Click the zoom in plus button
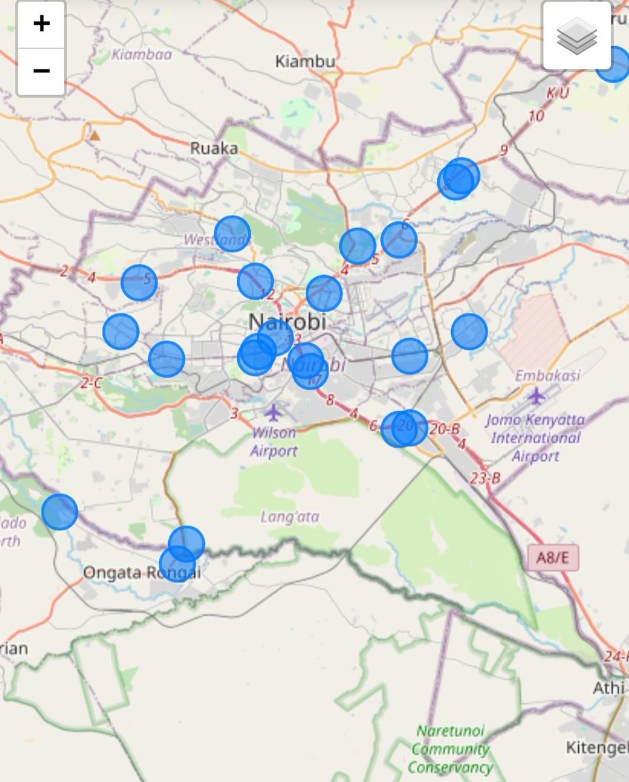coord(41,24)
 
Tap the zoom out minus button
coord(41,70)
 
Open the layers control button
coord(577,35)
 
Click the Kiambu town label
coord(305,62)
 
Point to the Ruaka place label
coord(214,149)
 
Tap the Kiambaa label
coord(141,54)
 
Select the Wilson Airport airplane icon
coord(274,413)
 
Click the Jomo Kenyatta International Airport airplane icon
coord(536,395)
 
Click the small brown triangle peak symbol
coord(95,136)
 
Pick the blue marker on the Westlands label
coord(232,233)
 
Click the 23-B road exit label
coord(486,478)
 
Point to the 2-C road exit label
coord(91,383)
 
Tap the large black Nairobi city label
coord(287,321)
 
